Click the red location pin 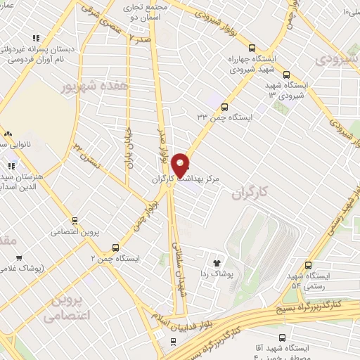pos(181,165)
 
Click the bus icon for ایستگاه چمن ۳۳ pos(224,107)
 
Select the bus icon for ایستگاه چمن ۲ pos(116,247)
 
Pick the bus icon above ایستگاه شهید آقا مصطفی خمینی pos(283,337)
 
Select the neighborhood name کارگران pos(250,192)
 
